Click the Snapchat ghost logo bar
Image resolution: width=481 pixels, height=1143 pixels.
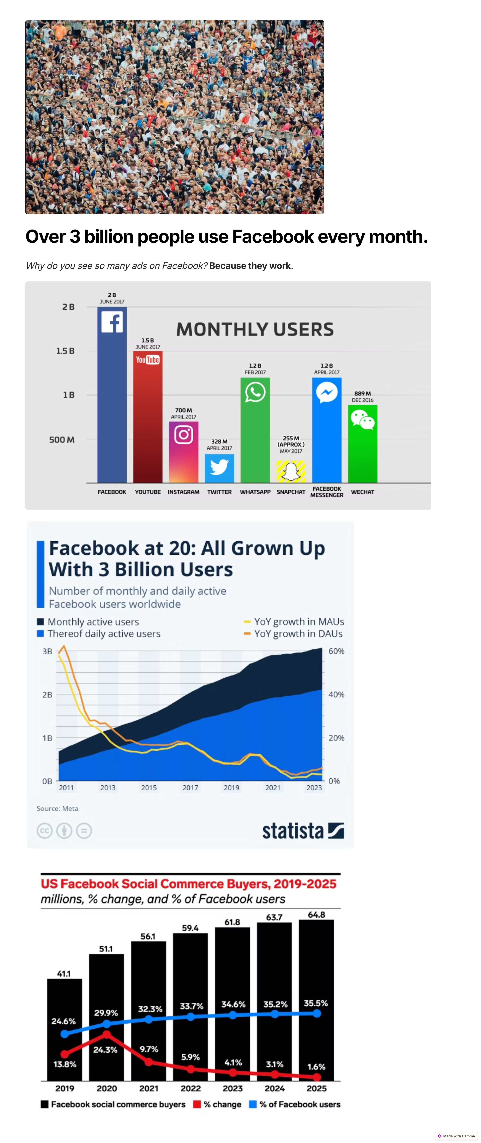click(x=291, y=471)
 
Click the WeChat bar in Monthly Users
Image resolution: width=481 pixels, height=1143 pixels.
click(x=363, y=444)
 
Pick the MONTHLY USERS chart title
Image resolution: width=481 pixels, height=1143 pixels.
click(x=255, y=329)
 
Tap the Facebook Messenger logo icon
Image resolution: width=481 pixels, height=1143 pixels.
click(x=327, y=392)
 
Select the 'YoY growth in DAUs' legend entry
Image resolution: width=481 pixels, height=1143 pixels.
click(x=294, y=634)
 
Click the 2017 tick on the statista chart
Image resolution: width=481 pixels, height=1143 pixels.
click(x=190, y=788)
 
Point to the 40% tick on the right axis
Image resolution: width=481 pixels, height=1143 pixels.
click(x=336, y=694)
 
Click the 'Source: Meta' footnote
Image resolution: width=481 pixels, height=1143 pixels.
click(x=57, y=808)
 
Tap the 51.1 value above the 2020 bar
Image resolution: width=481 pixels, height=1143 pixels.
click(x=106, y=949)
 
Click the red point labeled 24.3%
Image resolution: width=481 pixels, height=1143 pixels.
click(x=106, y=1034)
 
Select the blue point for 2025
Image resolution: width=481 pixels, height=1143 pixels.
click(x=316, y=1013)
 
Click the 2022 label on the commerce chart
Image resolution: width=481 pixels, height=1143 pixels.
click(x=191, y=1088)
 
